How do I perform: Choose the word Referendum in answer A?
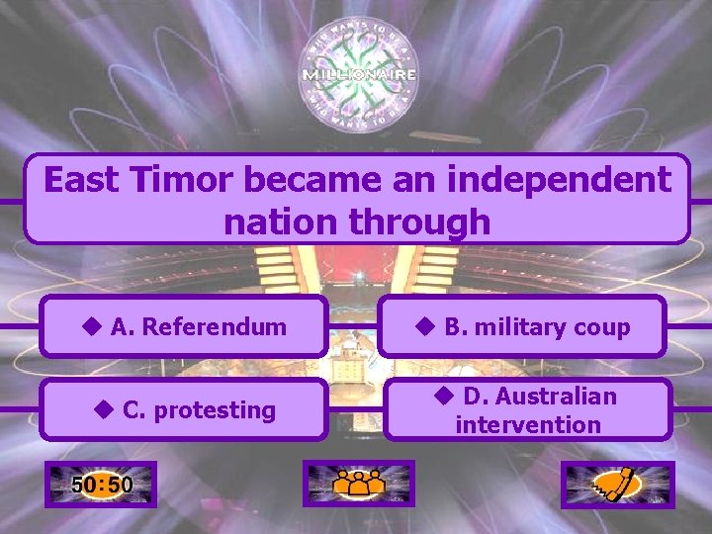(214, 326)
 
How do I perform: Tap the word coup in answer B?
(603, 326)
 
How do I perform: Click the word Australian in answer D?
(555, 396)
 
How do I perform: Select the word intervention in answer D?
(528, 425)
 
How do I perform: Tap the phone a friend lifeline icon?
(617, 485)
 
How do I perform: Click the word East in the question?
(82, 180)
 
